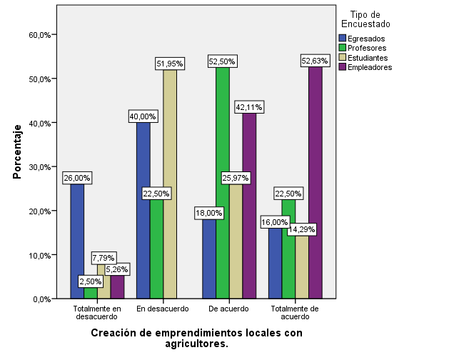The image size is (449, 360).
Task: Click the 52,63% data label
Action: (315, 61)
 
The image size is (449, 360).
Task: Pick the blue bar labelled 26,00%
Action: (77, 243)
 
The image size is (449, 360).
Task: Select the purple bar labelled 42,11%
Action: (249, 207)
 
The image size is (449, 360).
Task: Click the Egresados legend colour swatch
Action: (342, 38)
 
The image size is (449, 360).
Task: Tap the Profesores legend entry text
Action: (368, 48)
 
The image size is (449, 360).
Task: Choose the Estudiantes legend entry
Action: (368, 58)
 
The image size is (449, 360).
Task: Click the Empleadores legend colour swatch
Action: (342, 68)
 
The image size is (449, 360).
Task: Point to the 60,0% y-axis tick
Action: (39, 35)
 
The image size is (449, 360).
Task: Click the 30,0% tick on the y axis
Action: (39, 167)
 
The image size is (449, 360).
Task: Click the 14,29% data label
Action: (301, 230)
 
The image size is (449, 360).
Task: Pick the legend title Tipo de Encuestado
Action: (370, 19)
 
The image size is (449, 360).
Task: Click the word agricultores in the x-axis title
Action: (196, 344)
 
